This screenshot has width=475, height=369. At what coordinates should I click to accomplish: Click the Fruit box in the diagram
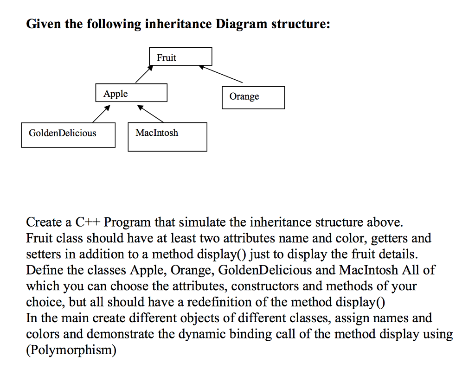181,57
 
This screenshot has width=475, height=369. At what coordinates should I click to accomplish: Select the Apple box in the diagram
131,93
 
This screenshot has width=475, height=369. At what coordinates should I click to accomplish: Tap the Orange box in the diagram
253,97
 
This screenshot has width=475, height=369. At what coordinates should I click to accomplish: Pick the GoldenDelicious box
68,134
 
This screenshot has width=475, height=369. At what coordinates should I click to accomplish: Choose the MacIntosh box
167,137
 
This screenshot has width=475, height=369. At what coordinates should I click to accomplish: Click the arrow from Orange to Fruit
221,74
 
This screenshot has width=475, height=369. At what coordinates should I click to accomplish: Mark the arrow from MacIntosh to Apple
150,114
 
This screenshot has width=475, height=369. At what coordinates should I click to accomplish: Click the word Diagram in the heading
241,24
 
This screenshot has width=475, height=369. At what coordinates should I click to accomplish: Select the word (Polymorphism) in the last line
71,350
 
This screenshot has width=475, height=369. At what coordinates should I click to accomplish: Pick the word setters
43,254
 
